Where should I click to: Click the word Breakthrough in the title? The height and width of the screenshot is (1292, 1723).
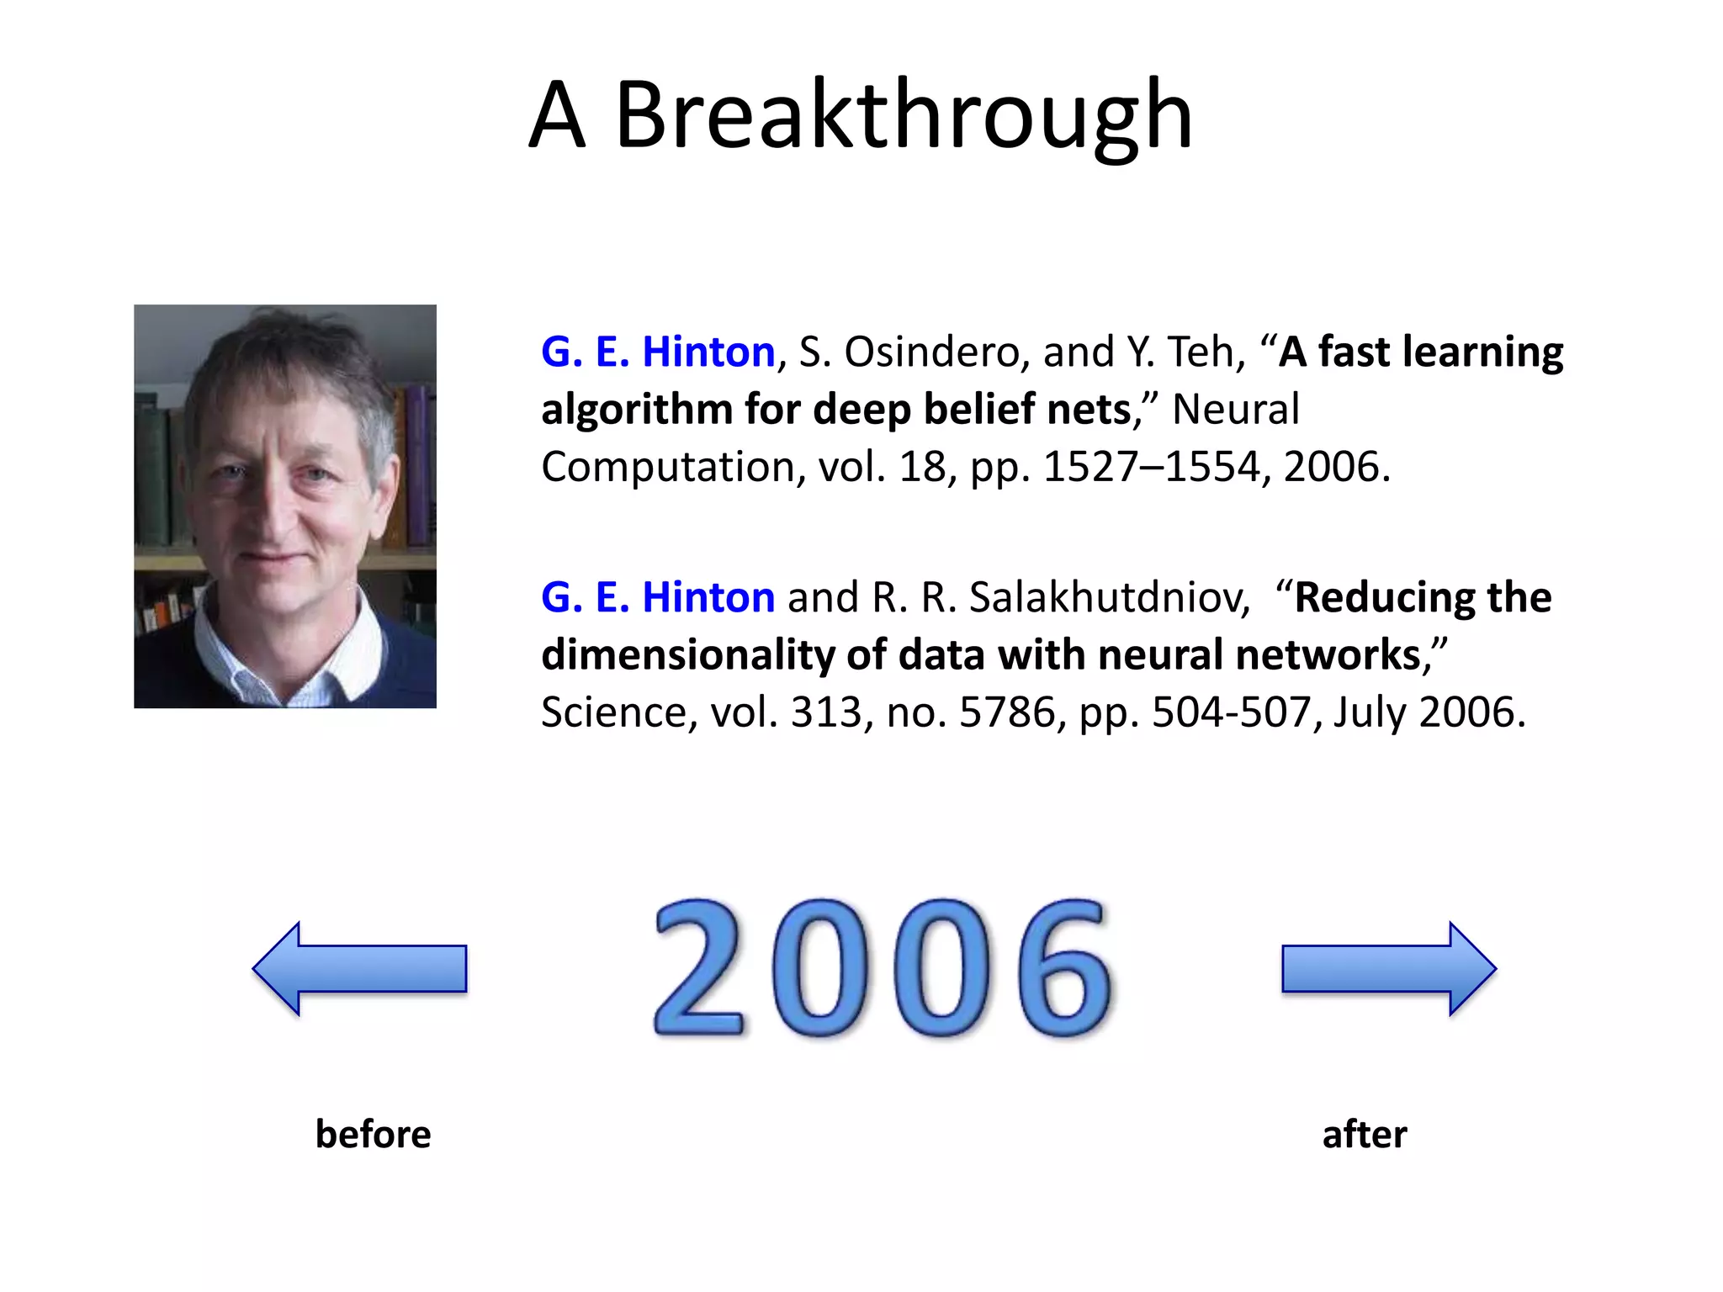pyautogui.click(x=904, y=115)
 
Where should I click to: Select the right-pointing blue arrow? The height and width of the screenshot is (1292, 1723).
pyautogui.click(x=1388, y=969)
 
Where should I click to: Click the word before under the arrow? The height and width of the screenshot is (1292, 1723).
pyautogui.click(x=373, y=1134)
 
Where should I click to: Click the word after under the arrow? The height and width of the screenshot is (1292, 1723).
pyautogui.click(x=1364, y=1134)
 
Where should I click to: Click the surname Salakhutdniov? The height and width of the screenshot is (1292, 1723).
pyautogui.click(x=1109, y=597)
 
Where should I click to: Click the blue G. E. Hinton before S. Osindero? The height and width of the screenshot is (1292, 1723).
pyautogui.click(x=657, y=352)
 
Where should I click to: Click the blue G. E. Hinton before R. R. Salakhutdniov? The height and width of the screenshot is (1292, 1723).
pyautogui.click(x=657, y=597)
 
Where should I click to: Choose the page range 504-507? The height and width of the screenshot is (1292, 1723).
pyautogui.click(x=1231, y=712)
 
